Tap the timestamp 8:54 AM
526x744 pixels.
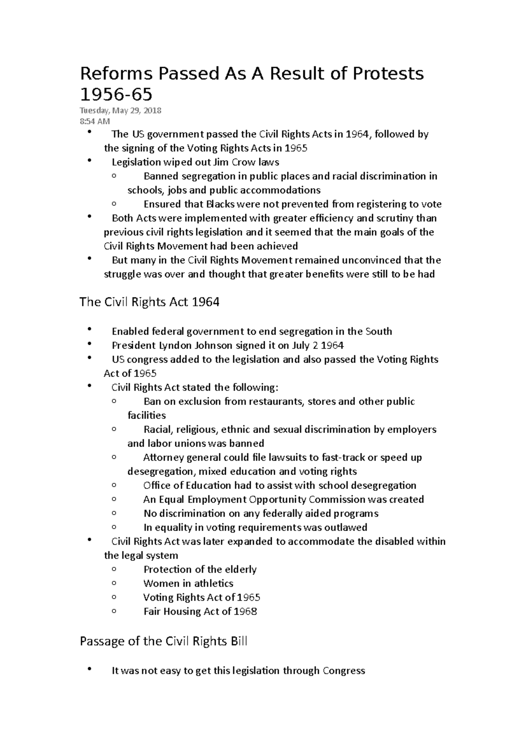(x=95, y=121)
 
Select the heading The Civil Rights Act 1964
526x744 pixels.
(x=149, y=302)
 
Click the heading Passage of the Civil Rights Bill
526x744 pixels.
(x=163, y=641)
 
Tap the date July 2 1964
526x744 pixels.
(x=317, y=345)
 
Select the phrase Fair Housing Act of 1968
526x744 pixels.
(x=200, y=611)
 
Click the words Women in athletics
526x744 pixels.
(x=188, y=583)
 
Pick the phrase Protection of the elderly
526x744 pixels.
(x=200, y=569)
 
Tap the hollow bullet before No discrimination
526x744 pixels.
(x=114, y=513)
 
